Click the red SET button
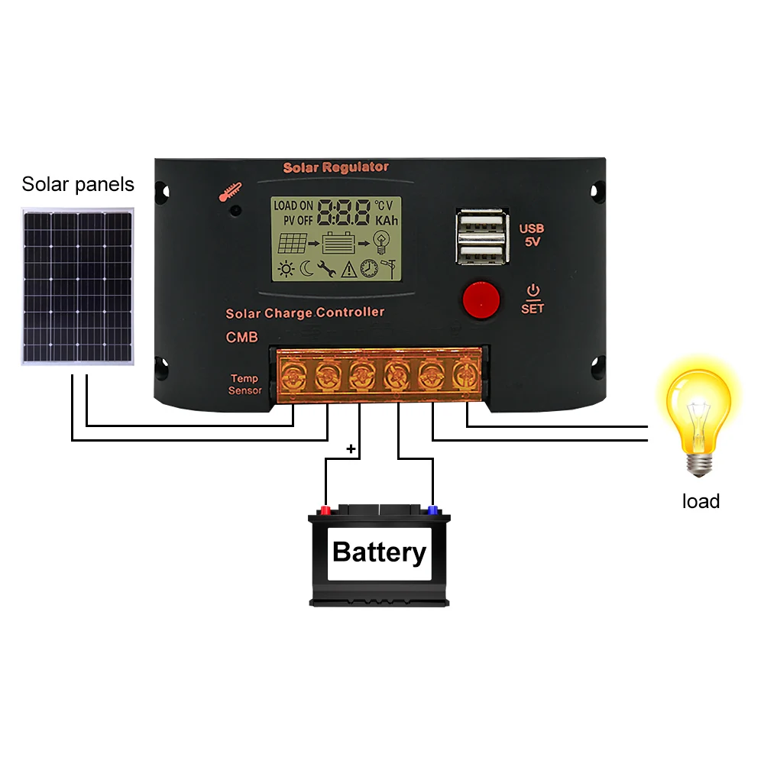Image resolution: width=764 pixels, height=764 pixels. tap(480, 299)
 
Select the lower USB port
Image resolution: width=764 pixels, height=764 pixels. tap(481, 252)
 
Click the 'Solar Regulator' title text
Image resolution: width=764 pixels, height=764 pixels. tap(336, 167)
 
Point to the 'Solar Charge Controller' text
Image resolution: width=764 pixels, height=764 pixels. tap(305, 312)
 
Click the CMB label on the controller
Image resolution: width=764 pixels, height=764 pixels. tap(241, 337)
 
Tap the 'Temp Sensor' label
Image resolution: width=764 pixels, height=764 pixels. tap(244, 384)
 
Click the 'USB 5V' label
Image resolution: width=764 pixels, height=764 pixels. tap(532, 235)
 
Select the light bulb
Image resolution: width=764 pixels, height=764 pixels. tap(699, 413)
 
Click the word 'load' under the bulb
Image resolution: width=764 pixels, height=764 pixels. tap(701, 501)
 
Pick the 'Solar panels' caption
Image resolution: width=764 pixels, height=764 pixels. tap(78, 184)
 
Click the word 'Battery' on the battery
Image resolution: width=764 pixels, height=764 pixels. tap(380, 552)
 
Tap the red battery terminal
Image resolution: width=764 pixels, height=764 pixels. tap(325, 510)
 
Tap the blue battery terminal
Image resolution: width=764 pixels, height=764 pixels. tap(432, 510)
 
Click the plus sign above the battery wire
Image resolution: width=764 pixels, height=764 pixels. tap(351, 448)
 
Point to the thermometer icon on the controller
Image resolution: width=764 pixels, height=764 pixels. tap(227, 193)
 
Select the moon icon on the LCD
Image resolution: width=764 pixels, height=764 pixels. tap(306, 268)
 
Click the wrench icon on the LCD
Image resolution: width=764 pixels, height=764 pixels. tap(325, 268)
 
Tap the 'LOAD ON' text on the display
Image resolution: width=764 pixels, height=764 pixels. tap(293, 206)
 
